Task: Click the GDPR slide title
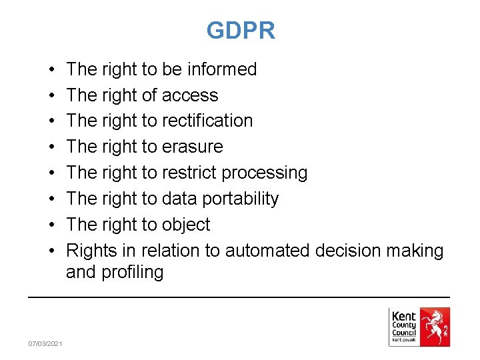pyautogui.click(x=240, y=31)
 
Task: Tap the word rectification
pyautogui.click(x=207, y=121)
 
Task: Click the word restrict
pyautogui.click(x=189, y=173)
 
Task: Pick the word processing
pyautogui.click(x=265, y=173)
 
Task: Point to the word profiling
pyautogui.click(x=132, y=272)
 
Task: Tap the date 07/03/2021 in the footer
pyautogui.click(x=45, y=343)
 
